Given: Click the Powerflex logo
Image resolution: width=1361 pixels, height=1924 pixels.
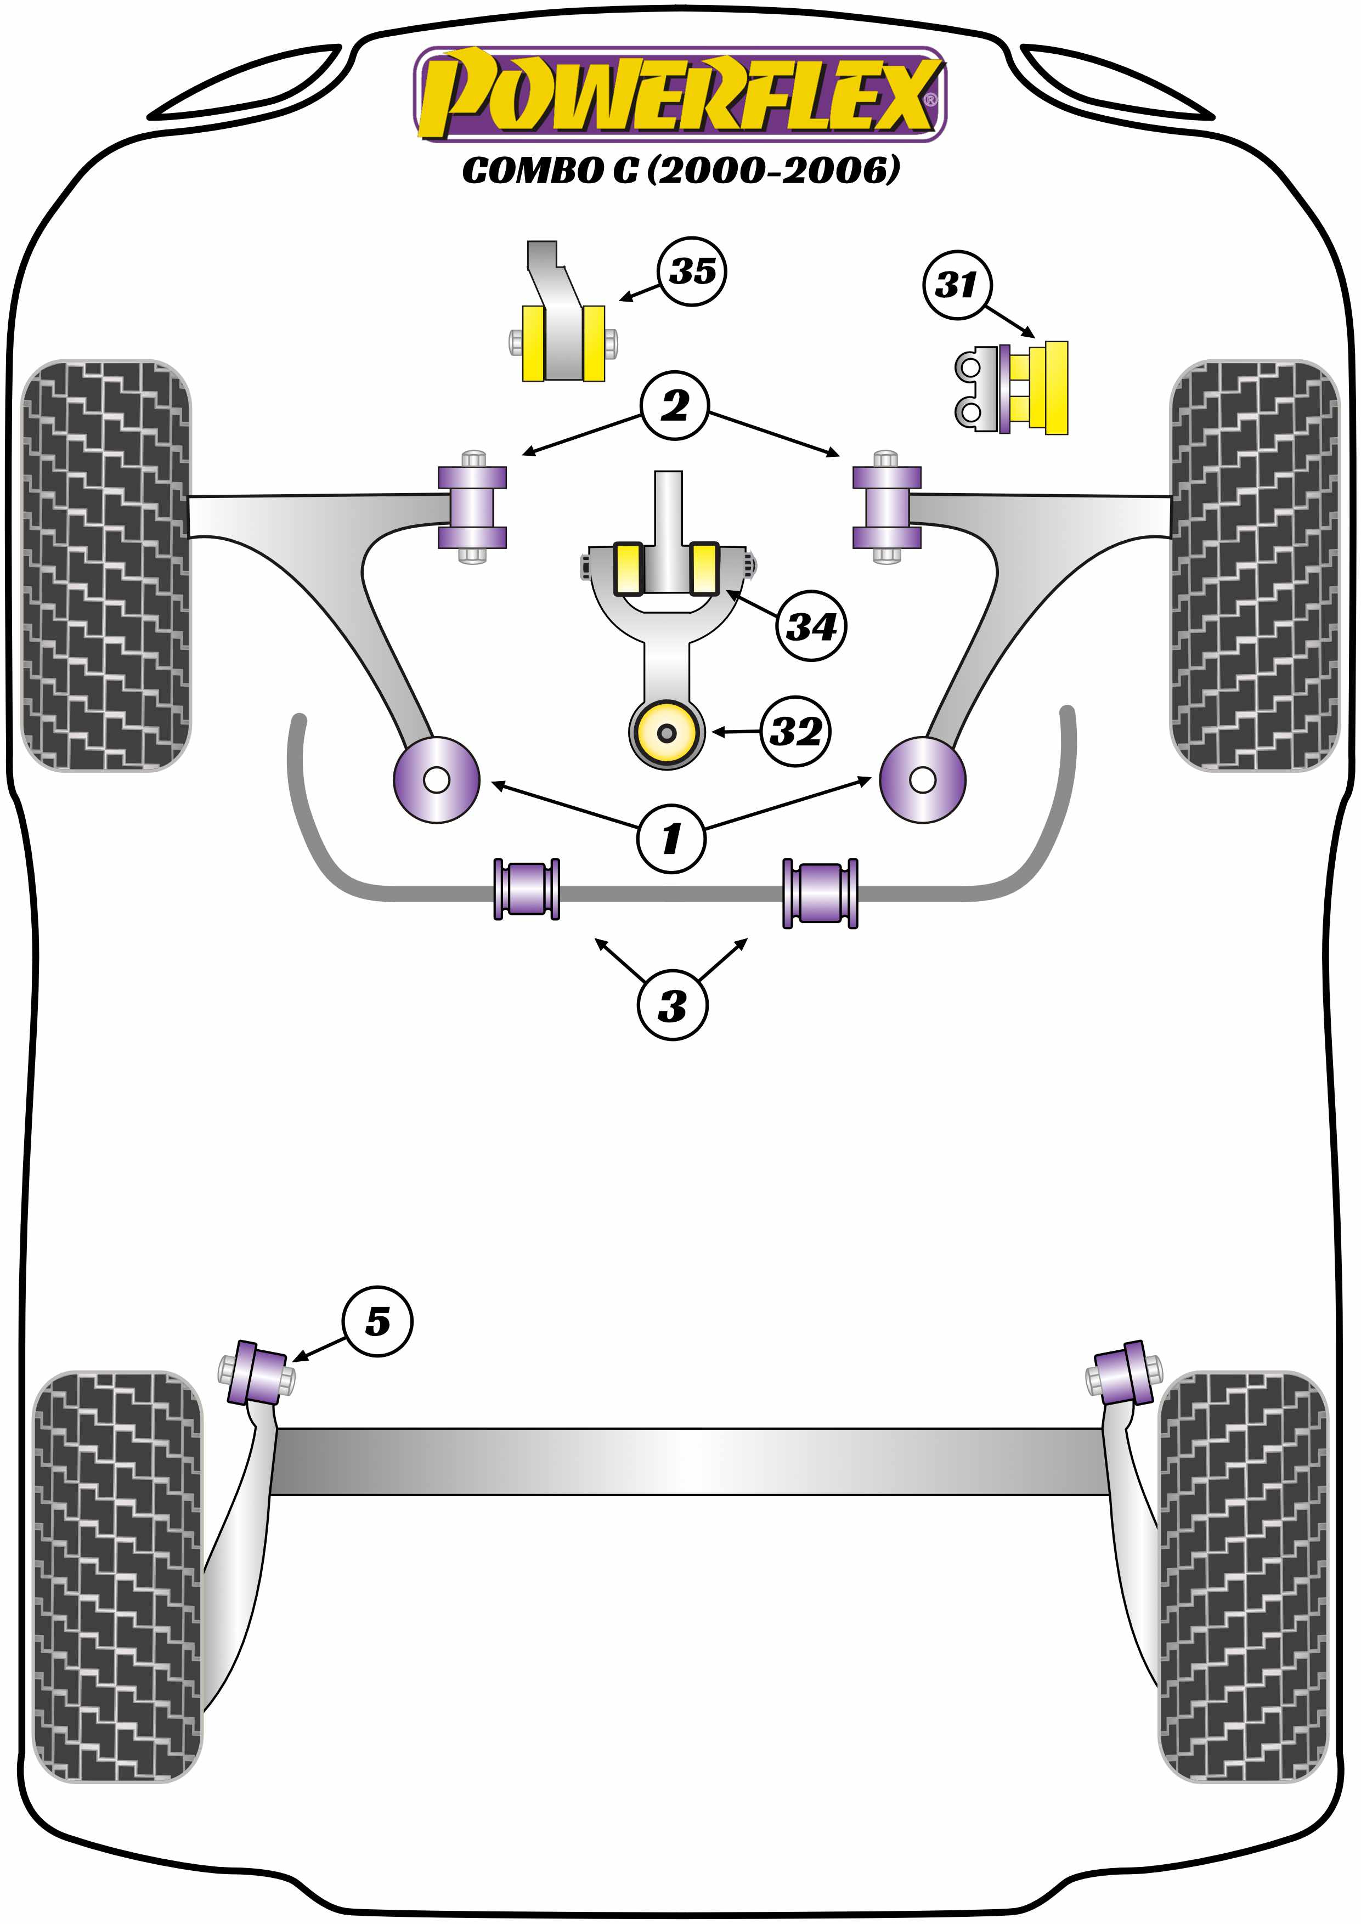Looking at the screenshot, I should click(680, 94).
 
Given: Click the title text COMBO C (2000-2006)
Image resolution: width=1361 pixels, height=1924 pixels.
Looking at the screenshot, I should click(680, 170).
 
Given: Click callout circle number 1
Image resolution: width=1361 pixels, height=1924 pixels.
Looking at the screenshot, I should click(671, 838).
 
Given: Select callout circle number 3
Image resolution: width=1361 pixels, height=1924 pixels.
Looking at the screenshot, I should click(672, 1005).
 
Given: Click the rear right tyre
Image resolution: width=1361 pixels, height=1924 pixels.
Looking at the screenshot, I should click(1243, 1575).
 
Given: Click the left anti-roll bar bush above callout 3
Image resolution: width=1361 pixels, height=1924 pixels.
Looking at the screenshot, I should click(526, 889).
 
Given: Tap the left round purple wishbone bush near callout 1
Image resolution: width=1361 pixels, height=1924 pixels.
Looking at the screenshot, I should click(436, 779).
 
